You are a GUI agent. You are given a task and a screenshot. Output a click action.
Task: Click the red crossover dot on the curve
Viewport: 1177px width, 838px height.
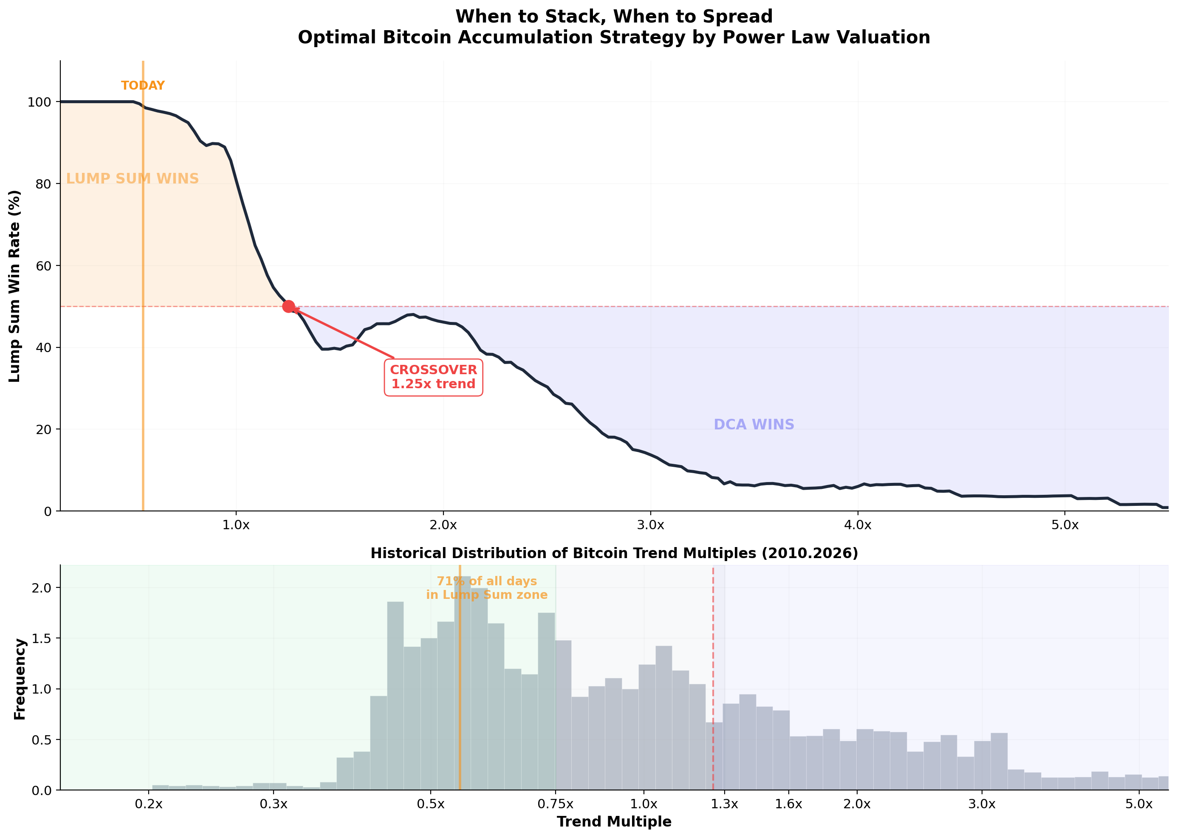pyautogui.click(x=288, y=307)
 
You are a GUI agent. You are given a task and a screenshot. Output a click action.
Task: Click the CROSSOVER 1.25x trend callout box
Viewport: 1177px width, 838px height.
pyautogui.click(x=433, y=377)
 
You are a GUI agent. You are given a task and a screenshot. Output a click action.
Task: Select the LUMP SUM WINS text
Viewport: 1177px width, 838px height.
pyautogui.click(x=132, y=178)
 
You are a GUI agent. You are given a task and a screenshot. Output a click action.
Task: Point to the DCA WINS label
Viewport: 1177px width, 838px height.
pyautogui.click(x=754, y=425)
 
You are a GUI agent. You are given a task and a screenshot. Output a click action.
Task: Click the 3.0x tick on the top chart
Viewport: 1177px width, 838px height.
pyautogui.click(x=650, y=525)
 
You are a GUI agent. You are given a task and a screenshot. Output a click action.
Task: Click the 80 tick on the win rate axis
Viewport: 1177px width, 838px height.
pyautogui.click(x=43, y=184)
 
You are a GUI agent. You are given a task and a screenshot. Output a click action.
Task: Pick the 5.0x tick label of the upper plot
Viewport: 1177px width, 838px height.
pyautogui.click(x=1064, y=525)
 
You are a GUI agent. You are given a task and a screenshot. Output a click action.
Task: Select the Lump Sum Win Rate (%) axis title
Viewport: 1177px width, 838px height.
pyautogui.click(x=14, y=286)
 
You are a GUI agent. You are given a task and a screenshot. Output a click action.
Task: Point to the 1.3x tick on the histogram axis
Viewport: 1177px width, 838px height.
pyautogui.click(x=725, y=804)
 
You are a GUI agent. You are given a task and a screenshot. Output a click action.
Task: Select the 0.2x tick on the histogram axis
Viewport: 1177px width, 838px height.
pyautogui.click(x=149, y=804)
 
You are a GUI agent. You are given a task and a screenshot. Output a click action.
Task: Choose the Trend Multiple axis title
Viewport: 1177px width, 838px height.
pyautogui.click(x=614, y=822)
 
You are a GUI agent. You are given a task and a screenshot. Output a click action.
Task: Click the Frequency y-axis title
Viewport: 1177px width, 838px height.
pyautogui.click(x=20, y=679)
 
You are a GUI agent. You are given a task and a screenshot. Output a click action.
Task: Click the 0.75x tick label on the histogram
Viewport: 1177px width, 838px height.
pyautogui.click(x=555, y=804)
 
